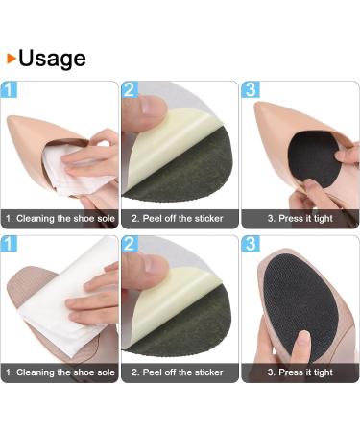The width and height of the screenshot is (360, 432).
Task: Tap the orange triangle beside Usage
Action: tap(11, 58)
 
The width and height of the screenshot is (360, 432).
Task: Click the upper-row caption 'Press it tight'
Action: tap(300, 219)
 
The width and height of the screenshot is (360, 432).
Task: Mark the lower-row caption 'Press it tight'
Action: tap(300, 372)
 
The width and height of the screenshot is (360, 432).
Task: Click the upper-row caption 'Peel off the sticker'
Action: tap(180, 219)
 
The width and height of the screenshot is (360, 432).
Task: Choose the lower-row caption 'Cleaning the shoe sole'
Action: tap(60, 372)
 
